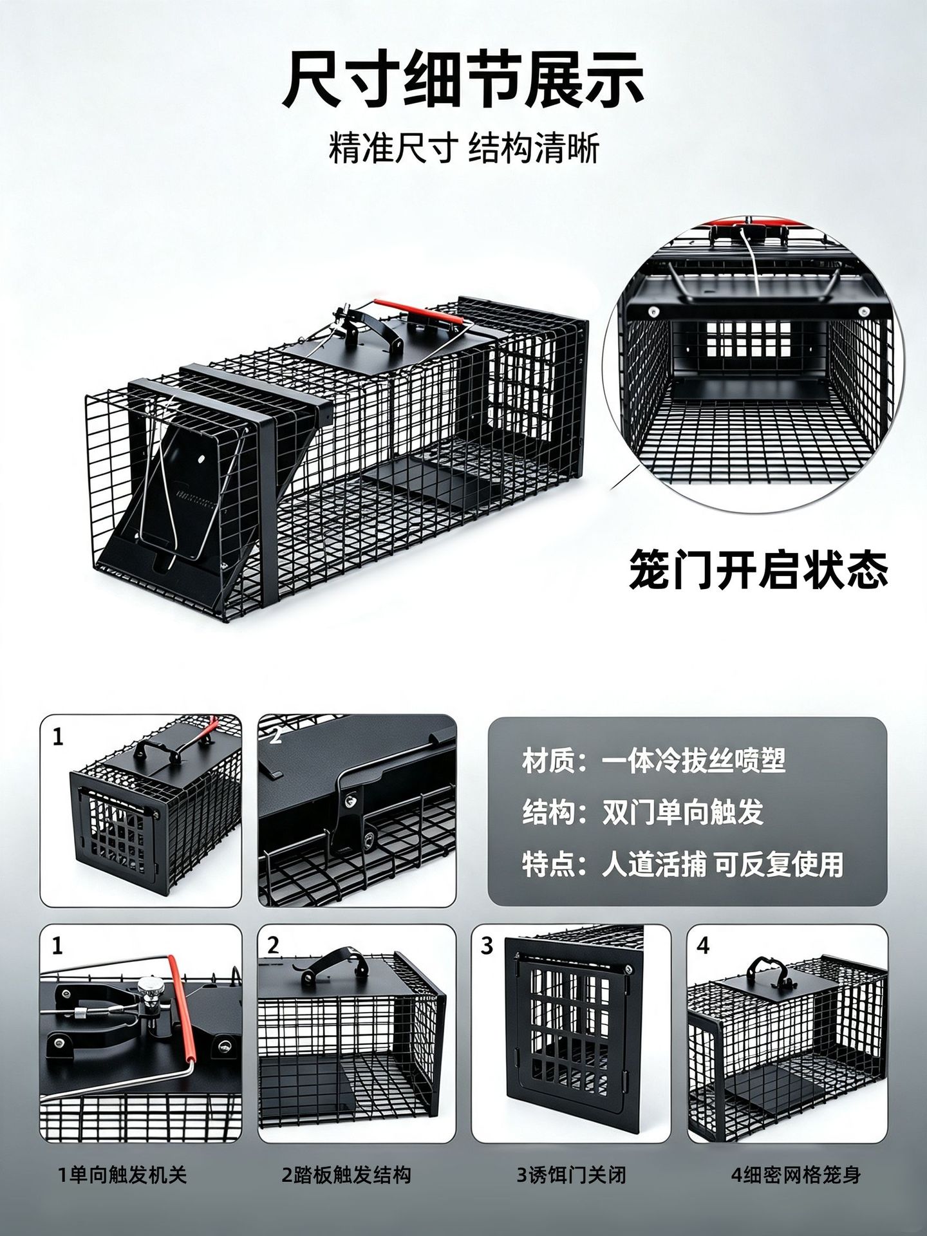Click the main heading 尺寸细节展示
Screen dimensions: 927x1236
coord(464,80)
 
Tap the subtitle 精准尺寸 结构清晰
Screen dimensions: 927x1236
coord(464,149)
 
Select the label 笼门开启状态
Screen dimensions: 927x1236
coord(758,568)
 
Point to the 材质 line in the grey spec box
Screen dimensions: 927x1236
coord(653,762)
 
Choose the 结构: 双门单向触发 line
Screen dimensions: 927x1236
coord(642,812)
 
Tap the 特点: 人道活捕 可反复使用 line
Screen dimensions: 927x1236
coord(682,864)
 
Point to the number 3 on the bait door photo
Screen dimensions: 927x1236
coord(487,946)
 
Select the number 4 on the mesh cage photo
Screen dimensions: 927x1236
coord(703,946)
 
